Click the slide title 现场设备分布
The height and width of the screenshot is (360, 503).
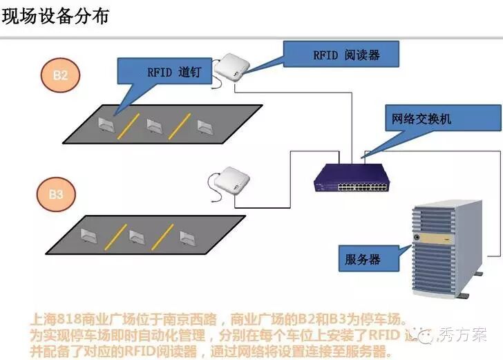56,16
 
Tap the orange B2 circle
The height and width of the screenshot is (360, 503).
60,75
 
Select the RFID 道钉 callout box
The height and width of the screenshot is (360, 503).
164,71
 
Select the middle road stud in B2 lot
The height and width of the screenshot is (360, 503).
155,125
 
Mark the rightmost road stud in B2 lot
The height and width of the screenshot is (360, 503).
205,126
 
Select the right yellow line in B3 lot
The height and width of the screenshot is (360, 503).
162,236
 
